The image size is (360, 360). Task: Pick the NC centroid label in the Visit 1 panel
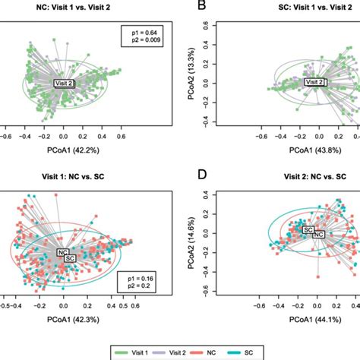click(x=64, y=252)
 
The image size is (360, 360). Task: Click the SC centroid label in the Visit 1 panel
click(x=71, y=259)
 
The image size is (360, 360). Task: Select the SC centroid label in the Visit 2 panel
click(x=309, y=229)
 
